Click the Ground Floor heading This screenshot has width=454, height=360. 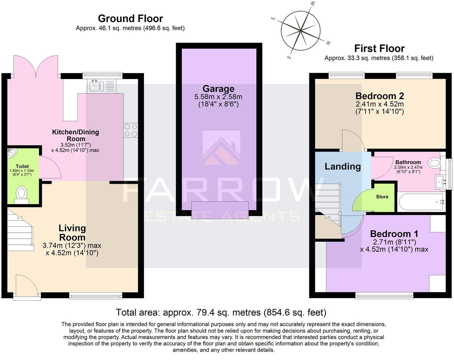pyautogui.click(x=130, y=18)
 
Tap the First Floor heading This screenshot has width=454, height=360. pyautogui.click(x=379, y=48)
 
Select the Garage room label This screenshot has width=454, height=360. pyautogui.click(x=218, y=89)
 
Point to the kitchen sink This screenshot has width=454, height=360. pyautogui.click(x=94, y=86)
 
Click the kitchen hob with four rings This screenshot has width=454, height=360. pyautogui.click(x=131, y=130)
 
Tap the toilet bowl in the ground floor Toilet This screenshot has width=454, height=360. pyautogui.click(x=22, y=193)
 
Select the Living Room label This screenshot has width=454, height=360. pyautogui.click(x=72, y=233)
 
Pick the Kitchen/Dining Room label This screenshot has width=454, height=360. pyautogui.click(x=75, y=135)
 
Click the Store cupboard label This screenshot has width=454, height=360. pyautogui.click(x=382, y=197)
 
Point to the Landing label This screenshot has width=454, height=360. pyautogui.click(x=343, y=166)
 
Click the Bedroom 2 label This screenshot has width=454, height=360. pyautogui.click(x=380, y=96)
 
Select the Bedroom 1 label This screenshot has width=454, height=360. pyautogui.click(x=394, y=234)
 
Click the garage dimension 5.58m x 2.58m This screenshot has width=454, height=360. pyautogui.click(x=218, y=97)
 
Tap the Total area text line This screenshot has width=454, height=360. pyautogui.click(x=221, y=313)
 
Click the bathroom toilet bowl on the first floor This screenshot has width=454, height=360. pyautogui.click(x=434, y=163)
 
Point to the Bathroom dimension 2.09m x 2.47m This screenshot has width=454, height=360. pyautogui.click(x=408, y=168)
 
